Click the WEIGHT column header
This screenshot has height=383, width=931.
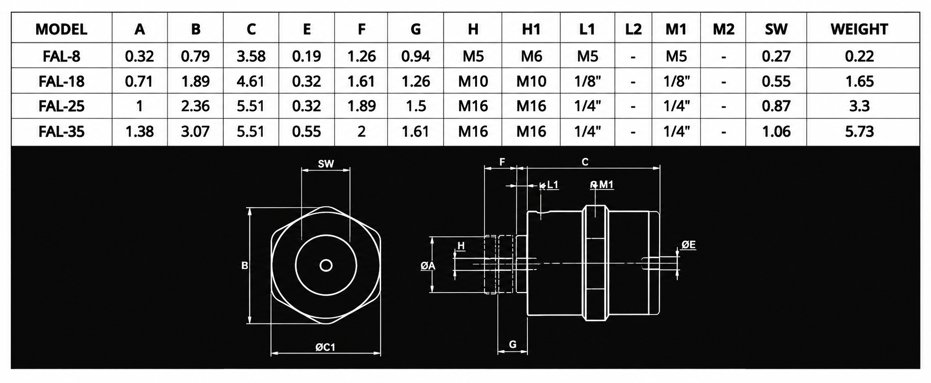[x=859, y=30]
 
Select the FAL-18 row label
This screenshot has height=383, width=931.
[x=61, y=81]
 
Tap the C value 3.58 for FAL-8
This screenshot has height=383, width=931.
[x=251, y=56]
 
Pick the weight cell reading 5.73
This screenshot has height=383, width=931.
[x=859, y=131]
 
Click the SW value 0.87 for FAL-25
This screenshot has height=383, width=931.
[x=776, y=106]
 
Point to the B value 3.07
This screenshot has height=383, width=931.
[x=195, y=131]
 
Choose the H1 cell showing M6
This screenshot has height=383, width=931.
[x=531, y=56]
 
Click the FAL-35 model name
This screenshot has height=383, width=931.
[x=61, y=131]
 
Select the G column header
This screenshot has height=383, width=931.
[x=416, y=30]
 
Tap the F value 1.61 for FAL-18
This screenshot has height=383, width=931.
[x=361, y=81]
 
